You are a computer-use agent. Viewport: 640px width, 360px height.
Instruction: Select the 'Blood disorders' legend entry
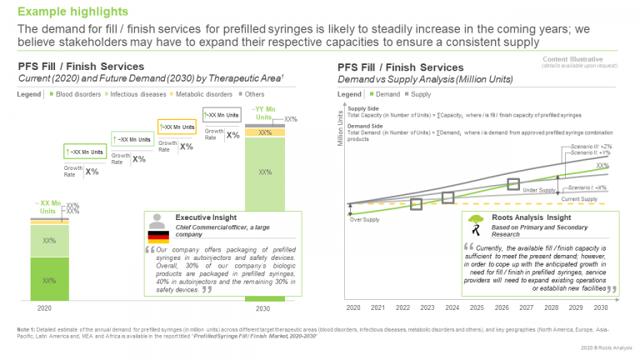click(77, 93)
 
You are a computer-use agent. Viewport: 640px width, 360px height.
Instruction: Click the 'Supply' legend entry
click(422, 93)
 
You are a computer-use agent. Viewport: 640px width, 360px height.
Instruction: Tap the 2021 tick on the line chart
click(377, 307)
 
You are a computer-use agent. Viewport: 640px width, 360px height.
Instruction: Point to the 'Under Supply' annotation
click(539, 190)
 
